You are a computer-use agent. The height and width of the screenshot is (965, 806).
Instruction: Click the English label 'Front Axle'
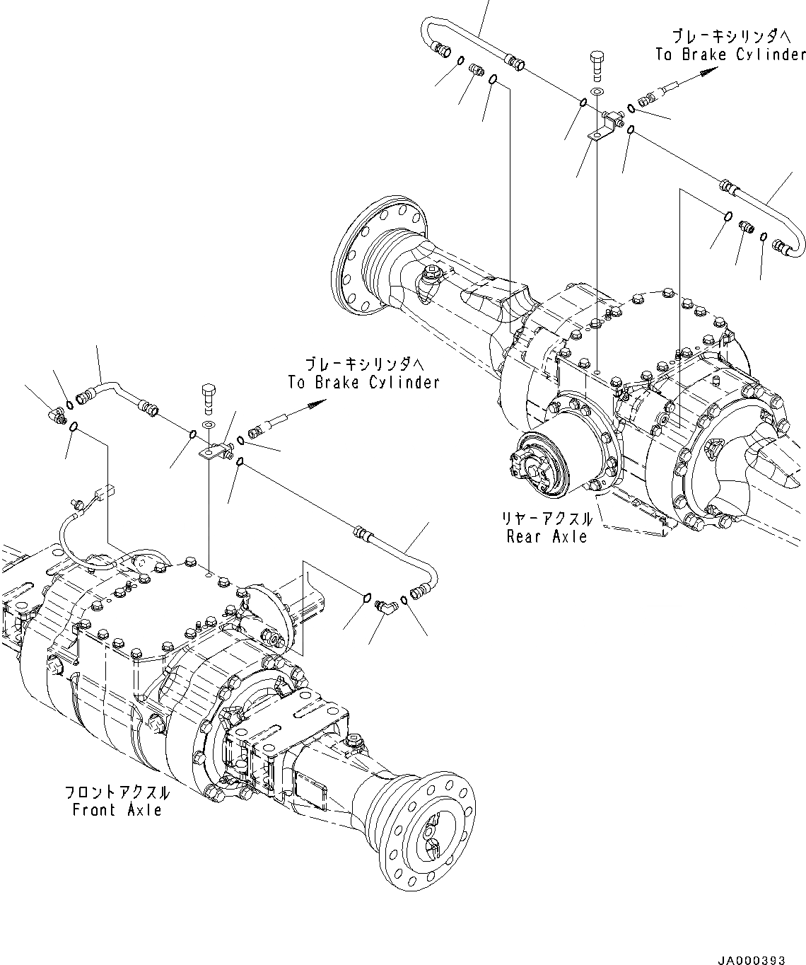(x=117, y=810)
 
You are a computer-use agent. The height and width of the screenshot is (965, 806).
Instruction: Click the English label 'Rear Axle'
(x=547, y=537)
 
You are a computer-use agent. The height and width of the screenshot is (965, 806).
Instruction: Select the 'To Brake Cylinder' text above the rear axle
(x=730, y=54)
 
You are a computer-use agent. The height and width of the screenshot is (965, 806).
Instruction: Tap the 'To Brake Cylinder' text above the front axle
(x=363, y=383)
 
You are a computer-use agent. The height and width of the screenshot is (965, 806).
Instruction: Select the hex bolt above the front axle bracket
(x=209, y=396)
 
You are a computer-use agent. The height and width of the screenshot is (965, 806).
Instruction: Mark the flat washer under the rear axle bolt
(x=597, y=93)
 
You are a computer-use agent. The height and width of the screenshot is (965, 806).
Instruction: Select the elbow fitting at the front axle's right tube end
(x=386, y=606)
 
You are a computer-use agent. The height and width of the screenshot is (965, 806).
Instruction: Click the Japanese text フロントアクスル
(x=117, y=792)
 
